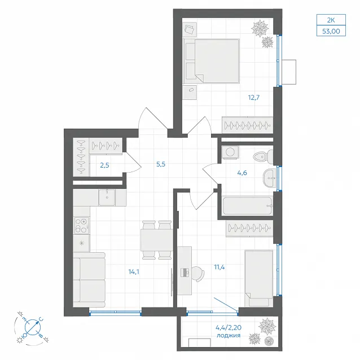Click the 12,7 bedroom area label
[254, 98]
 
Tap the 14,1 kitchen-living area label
[134, 272]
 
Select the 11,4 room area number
[219, 267]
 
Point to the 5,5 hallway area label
[161, 164]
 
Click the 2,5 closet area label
[104, 165]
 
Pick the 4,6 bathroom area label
[242, 173]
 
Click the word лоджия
[229, 335]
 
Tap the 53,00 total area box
[331, 31]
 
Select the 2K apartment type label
[331, 20]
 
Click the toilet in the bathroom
[264, 157]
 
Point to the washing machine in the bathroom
[230, 152]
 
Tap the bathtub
[248, 206]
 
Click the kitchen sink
[107, 197]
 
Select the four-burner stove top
[81, 226]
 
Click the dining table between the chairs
[157, 240]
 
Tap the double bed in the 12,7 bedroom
[212, 61]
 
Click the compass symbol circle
[33, 327]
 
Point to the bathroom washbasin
[269, 178]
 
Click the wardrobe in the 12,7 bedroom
[248, 125]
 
